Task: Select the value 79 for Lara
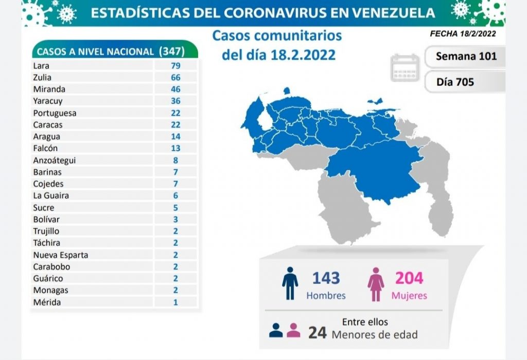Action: tap(175, 65)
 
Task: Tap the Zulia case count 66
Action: tap(175, 77)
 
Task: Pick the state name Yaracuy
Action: tap(46, 101)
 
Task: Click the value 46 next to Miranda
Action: tap(175, 89)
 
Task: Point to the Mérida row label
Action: tap(46, 302)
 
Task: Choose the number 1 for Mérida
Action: tap(175, 302)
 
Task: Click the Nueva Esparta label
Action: tap(60, 255)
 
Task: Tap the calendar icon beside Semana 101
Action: tap(406, 67)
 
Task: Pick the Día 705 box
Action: tap(455, 81)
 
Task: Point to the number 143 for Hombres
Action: tap(326, 278)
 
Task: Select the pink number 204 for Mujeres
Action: tap(409, 278)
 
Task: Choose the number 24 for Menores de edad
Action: tap(318, 333)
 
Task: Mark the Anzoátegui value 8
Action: tap(175, 160)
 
